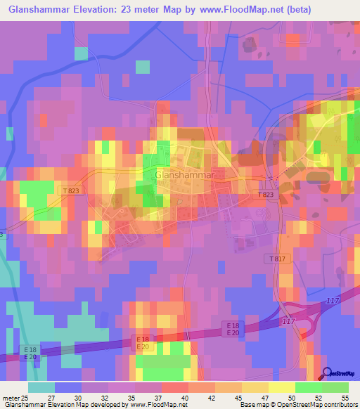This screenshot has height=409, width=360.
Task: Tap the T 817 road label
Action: (x=278, y=259)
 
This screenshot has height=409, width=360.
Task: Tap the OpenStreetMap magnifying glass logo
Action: (x=328, y=373)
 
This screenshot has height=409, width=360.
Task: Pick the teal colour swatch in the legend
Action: (x=41, y=387)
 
